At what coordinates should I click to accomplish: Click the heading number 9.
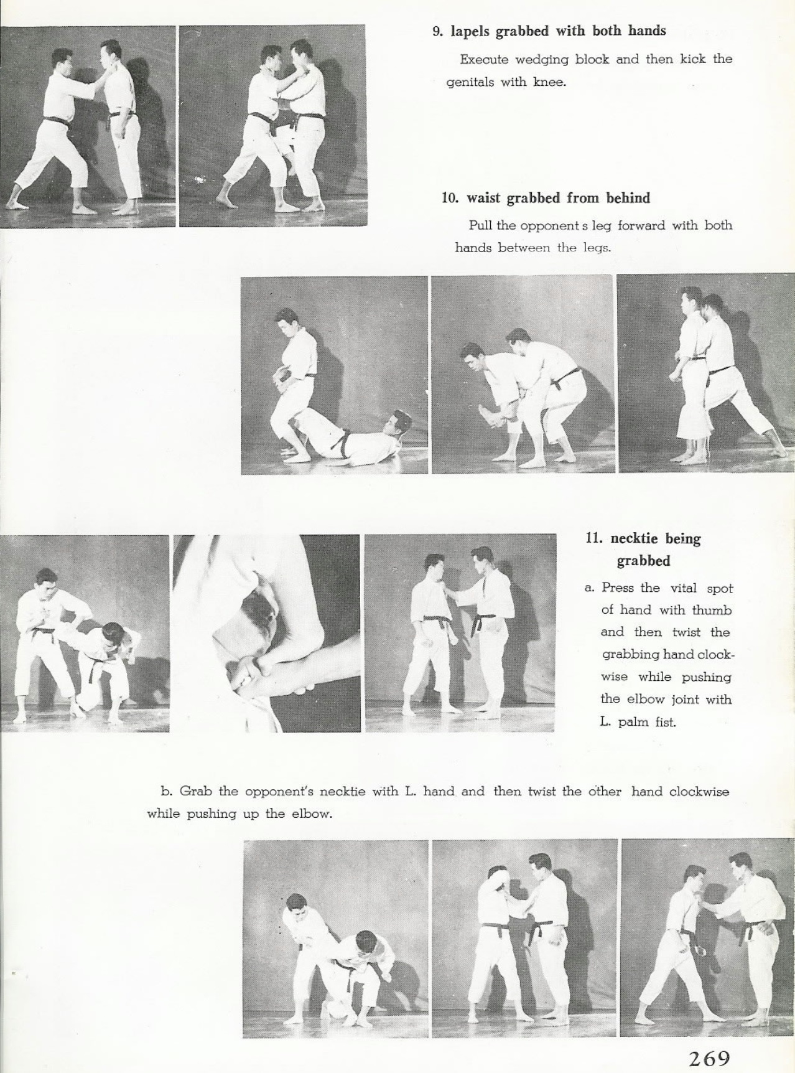pyautogui.click(x=437, y=32)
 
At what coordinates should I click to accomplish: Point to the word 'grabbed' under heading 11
pyautogui.click(x=643, y=561)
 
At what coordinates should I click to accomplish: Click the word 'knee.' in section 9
pyautogui.click(x=550, y=82)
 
